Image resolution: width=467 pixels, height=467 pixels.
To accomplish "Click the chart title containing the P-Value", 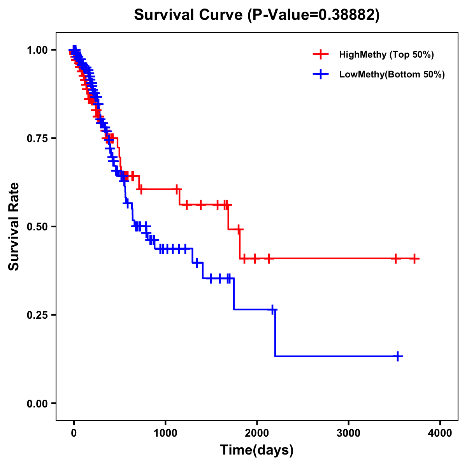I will click(x=256, y=15).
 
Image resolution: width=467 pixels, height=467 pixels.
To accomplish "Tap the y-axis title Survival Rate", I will click(x=14, y=226).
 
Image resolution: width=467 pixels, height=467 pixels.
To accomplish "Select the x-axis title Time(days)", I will click(x=257, y=450).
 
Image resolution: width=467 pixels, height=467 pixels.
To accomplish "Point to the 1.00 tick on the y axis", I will click(x=37, y=50).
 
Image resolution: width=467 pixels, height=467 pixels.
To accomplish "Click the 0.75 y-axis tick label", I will click(x=37, y=138).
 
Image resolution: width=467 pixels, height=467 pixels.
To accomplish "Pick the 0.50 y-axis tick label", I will click(x=37, y=226).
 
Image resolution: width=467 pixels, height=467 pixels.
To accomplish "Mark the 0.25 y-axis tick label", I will click(x=37, y=315).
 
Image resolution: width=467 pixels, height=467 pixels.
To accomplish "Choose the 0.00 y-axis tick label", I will click(x=37, y=403).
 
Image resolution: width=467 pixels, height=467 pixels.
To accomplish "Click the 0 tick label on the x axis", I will click(x=74, y=433).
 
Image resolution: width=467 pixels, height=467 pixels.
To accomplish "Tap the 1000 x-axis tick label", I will click(x=165, y=433).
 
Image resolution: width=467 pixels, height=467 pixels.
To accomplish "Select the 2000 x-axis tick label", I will click(x=257, y=433).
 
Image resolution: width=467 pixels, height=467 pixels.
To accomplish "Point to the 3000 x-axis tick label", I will click(x=349, y=433).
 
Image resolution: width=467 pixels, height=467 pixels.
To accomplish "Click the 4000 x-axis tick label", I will click(x=440, y=433).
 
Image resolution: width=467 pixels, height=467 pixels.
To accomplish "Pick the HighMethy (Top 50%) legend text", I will click(x=386, y=54).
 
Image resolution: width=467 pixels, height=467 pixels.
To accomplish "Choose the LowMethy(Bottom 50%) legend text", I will click(x=392, y=74).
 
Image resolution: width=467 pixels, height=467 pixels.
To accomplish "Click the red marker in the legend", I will click(x=321, y=54).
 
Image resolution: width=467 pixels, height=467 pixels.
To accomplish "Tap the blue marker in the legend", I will click(x=321, y=74).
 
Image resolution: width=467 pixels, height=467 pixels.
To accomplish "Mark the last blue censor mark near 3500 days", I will click(x=398, y=356).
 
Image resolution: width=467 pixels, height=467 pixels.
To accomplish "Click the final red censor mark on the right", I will click(x=414, y=258).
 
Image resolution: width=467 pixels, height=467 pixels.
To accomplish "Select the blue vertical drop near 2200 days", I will click(x=275, y=333).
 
